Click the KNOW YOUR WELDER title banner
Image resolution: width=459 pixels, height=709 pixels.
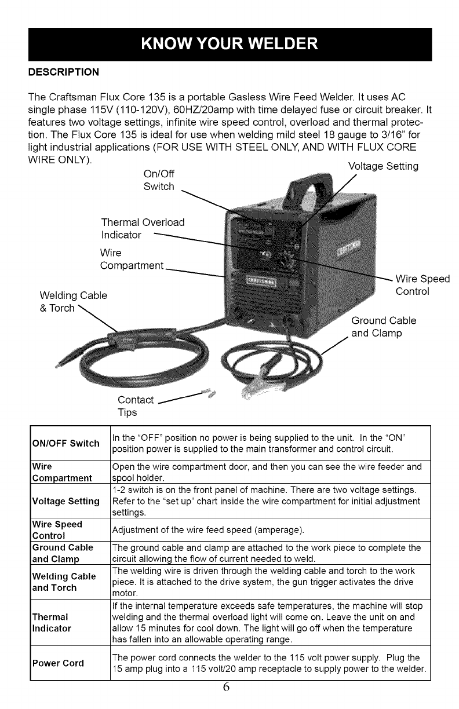[230, 43]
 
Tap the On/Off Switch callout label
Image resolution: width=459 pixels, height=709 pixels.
[158, 180]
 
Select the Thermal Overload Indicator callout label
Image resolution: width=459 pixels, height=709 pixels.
[143, 229]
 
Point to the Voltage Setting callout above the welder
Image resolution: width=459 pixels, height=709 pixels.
[383, 166]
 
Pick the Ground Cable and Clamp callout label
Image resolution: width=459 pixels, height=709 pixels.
[384, 327]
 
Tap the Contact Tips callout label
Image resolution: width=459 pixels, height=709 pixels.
[135, 406]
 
